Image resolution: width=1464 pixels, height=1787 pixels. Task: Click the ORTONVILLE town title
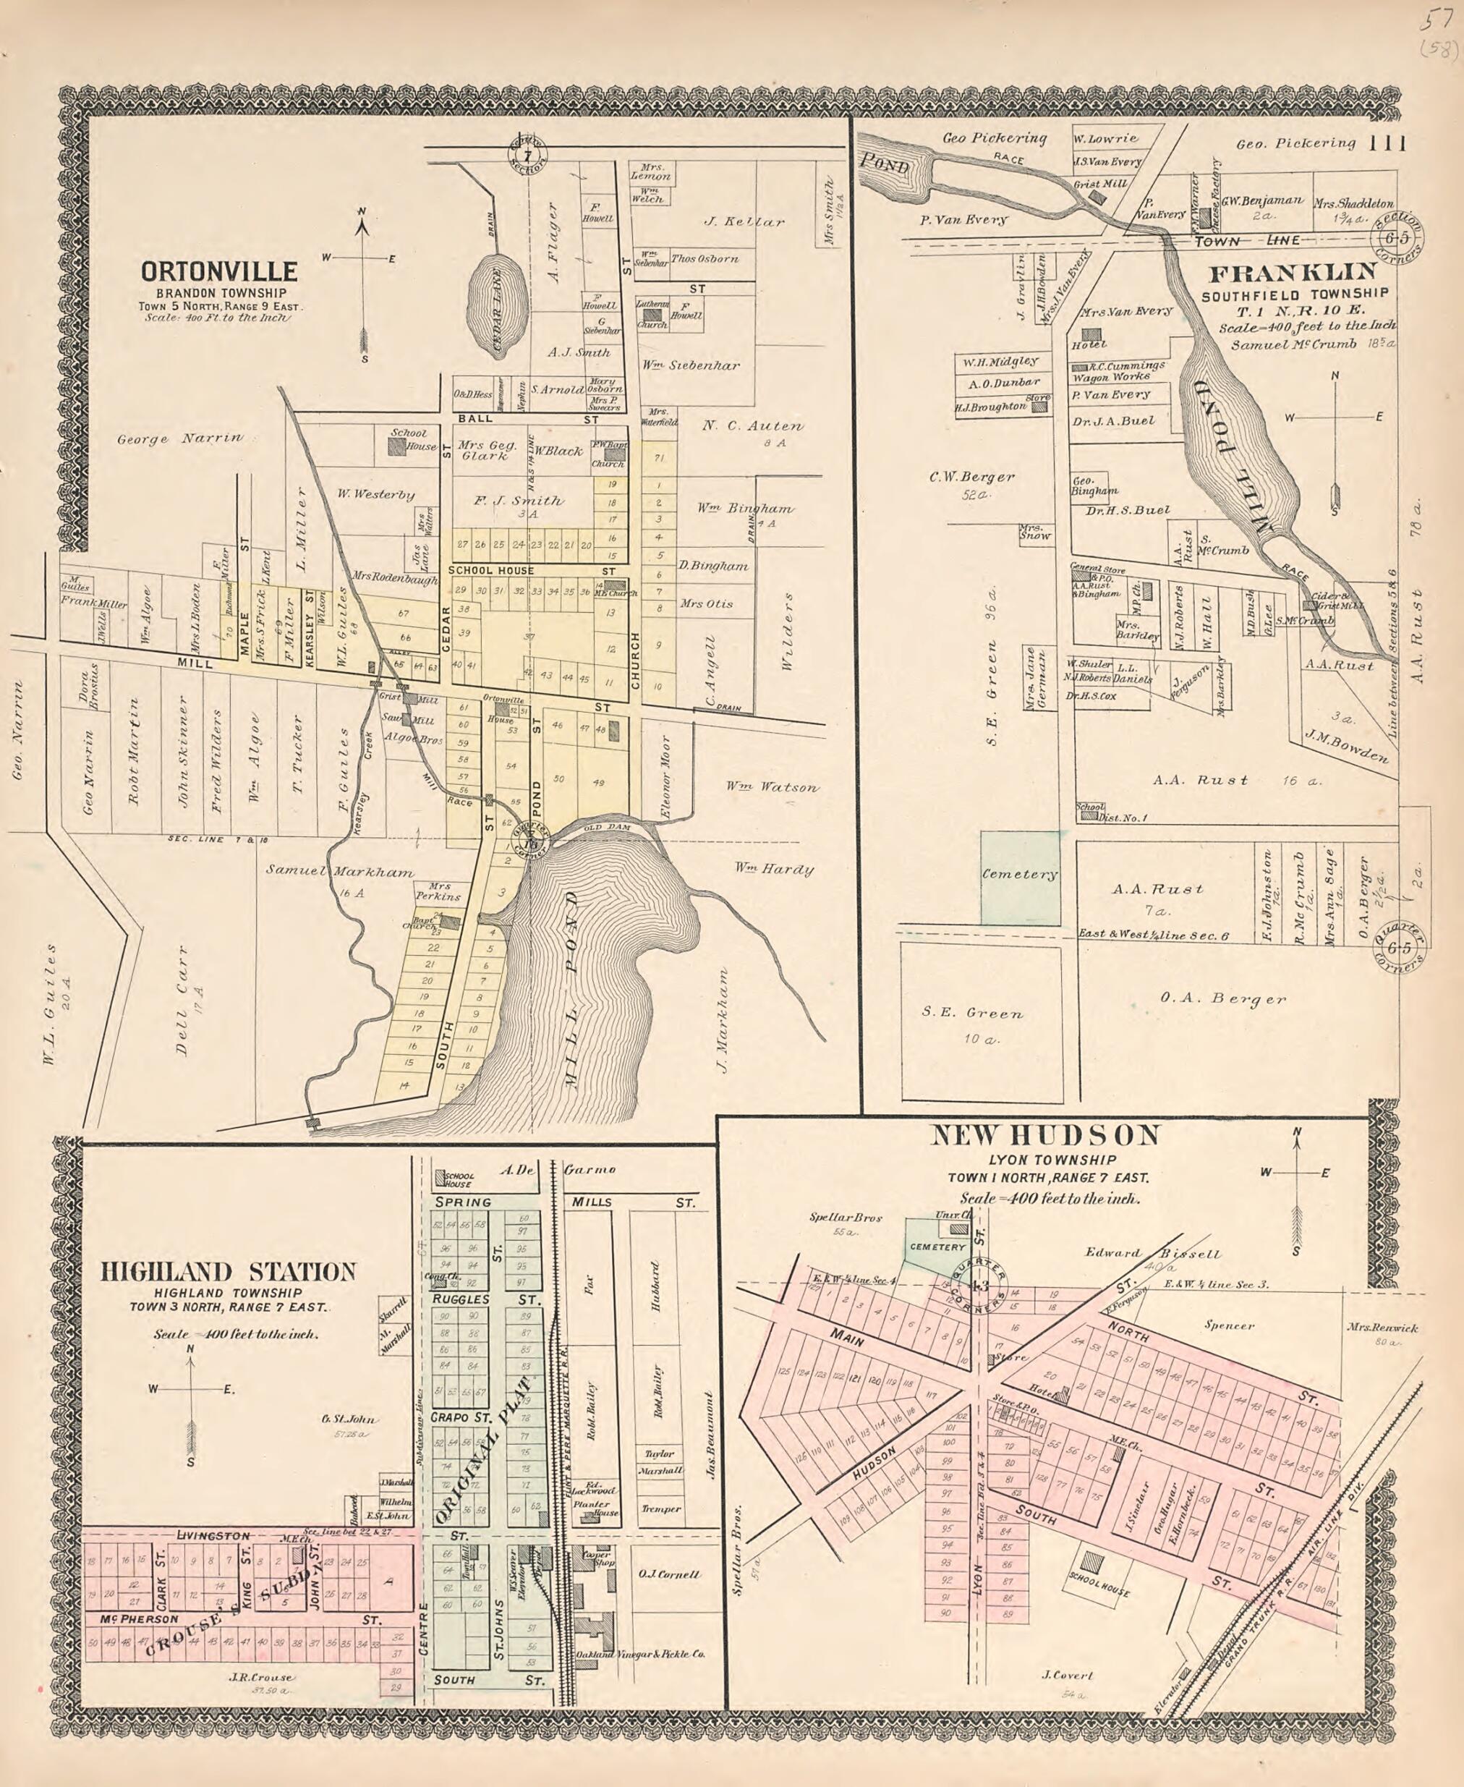point(219,271)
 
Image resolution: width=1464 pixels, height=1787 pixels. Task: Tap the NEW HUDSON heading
point(1046,1135)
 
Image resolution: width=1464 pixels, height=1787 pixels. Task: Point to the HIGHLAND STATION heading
point(228,1272)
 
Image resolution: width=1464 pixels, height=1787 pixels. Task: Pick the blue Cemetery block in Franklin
point(1020,877)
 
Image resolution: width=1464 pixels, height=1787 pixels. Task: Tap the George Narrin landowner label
point(179,438)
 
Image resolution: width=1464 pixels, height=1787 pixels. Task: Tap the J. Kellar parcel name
point(744,222)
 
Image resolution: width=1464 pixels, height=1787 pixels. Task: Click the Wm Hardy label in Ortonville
point(773,870)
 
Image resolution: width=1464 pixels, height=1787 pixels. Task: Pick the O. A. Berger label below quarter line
point(1223,998)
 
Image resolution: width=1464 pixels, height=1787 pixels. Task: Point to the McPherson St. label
point(139,1620)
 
